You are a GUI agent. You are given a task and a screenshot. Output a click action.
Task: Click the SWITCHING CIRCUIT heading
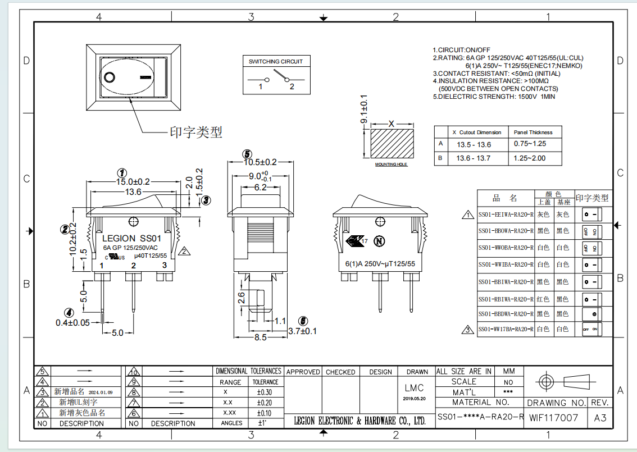(275, 61)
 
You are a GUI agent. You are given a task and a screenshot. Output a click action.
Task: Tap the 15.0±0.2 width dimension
(133, 182)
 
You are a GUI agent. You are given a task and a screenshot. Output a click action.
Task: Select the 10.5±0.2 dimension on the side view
(260, 162)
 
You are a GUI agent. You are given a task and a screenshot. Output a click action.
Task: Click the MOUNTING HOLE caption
(391, 165)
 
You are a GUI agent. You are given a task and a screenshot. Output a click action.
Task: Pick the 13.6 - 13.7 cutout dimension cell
(473, 158)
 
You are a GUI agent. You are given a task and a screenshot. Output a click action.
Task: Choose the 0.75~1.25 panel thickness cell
(529, 144)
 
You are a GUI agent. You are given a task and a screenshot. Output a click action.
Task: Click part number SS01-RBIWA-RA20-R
(506, 299)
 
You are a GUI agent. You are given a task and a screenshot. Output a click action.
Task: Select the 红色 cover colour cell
(543, 299)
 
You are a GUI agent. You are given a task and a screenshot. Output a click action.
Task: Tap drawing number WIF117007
(553, 418)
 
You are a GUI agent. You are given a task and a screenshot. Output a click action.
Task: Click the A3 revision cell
(600, 418)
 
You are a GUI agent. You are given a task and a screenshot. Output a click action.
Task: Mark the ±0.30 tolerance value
(264, 392)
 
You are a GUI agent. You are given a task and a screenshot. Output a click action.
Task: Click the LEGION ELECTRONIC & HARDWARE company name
(360, 421)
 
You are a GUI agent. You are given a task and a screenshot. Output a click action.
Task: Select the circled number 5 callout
(247, 154)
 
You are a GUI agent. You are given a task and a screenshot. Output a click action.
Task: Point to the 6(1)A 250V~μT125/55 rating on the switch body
(380, 263)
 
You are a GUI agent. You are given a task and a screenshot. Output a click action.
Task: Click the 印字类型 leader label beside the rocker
(196, 133)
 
